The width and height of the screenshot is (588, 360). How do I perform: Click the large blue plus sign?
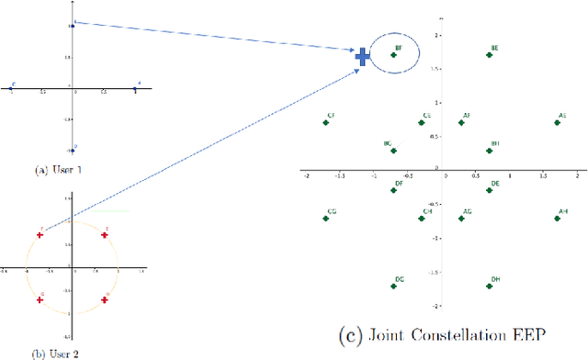[363, 57]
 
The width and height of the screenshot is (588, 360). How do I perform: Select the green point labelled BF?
[394, 55]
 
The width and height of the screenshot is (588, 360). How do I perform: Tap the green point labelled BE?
[490, 55]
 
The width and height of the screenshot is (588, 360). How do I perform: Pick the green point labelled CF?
[326, 123]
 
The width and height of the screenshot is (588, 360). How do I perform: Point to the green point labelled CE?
[422, 123]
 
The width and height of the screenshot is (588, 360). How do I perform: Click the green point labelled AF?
[462, 123]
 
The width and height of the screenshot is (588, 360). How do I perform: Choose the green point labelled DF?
[394, 191]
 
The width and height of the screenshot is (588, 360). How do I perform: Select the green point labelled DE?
[490, 191]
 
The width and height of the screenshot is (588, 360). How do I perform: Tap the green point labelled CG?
[326, 219]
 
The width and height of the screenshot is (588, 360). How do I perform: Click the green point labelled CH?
[422, 219]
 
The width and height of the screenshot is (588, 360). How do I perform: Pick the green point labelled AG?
[462, 219]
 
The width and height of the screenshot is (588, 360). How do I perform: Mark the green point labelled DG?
[394, 287]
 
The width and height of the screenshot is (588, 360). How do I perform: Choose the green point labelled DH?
[490, 287]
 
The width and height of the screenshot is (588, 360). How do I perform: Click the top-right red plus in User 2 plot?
[105, 235]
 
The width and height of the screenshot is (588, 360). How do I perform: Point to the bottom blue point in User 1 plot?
[74, 151]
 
